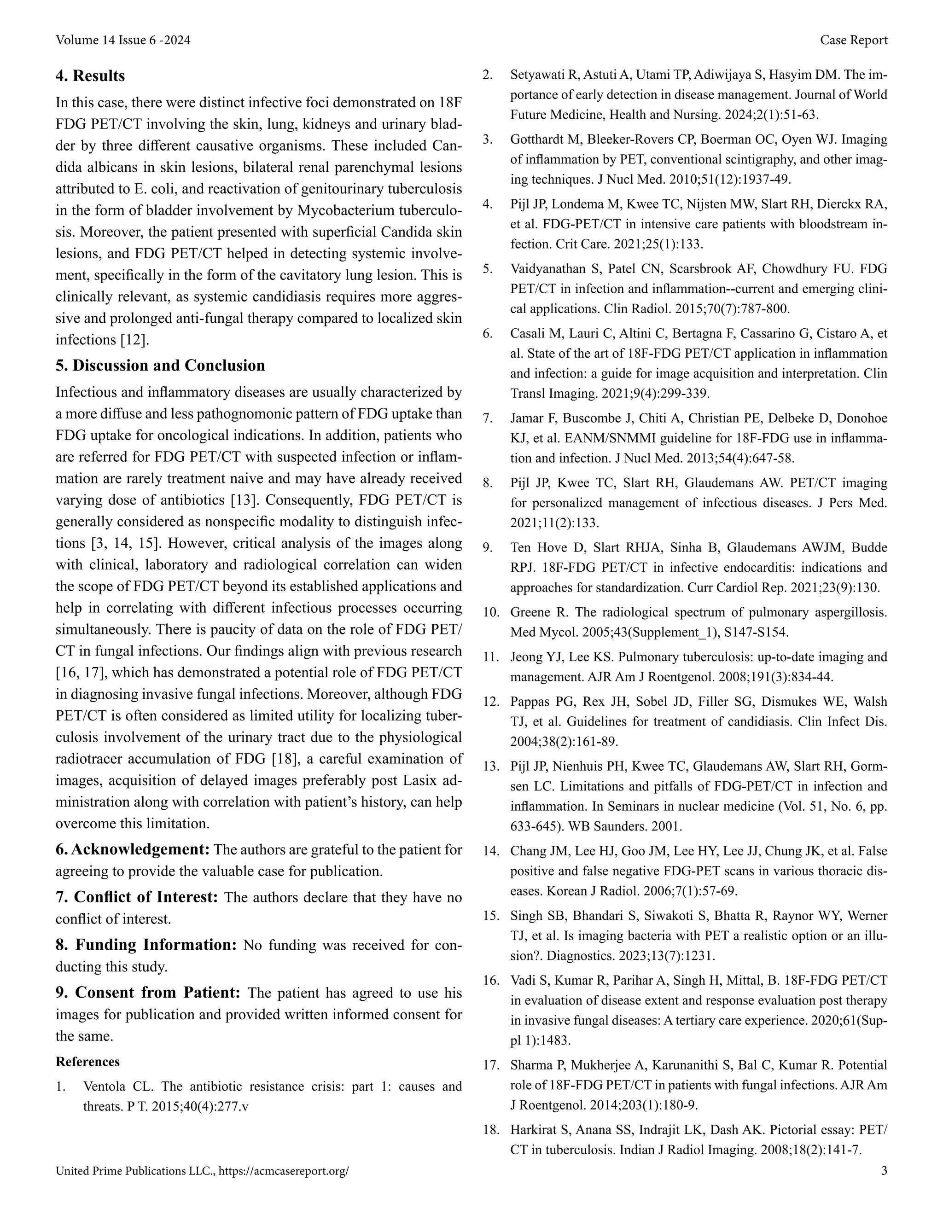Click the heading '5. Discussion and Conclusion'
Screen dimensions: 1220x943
[160, 366]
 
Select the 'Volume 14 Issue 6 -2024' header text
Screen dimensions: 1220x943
[123, 40]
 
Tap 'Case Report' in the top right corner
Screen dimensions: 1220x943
[853, 40]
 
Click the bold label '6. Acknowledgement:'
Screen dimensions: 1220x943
[133, 850]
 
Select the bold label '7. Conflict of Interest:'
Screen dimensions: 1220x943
[136, 897]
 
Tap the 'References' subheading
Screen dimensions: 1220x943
[87, 1061]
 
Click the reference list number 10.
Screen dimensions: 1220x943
[490, 612]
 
